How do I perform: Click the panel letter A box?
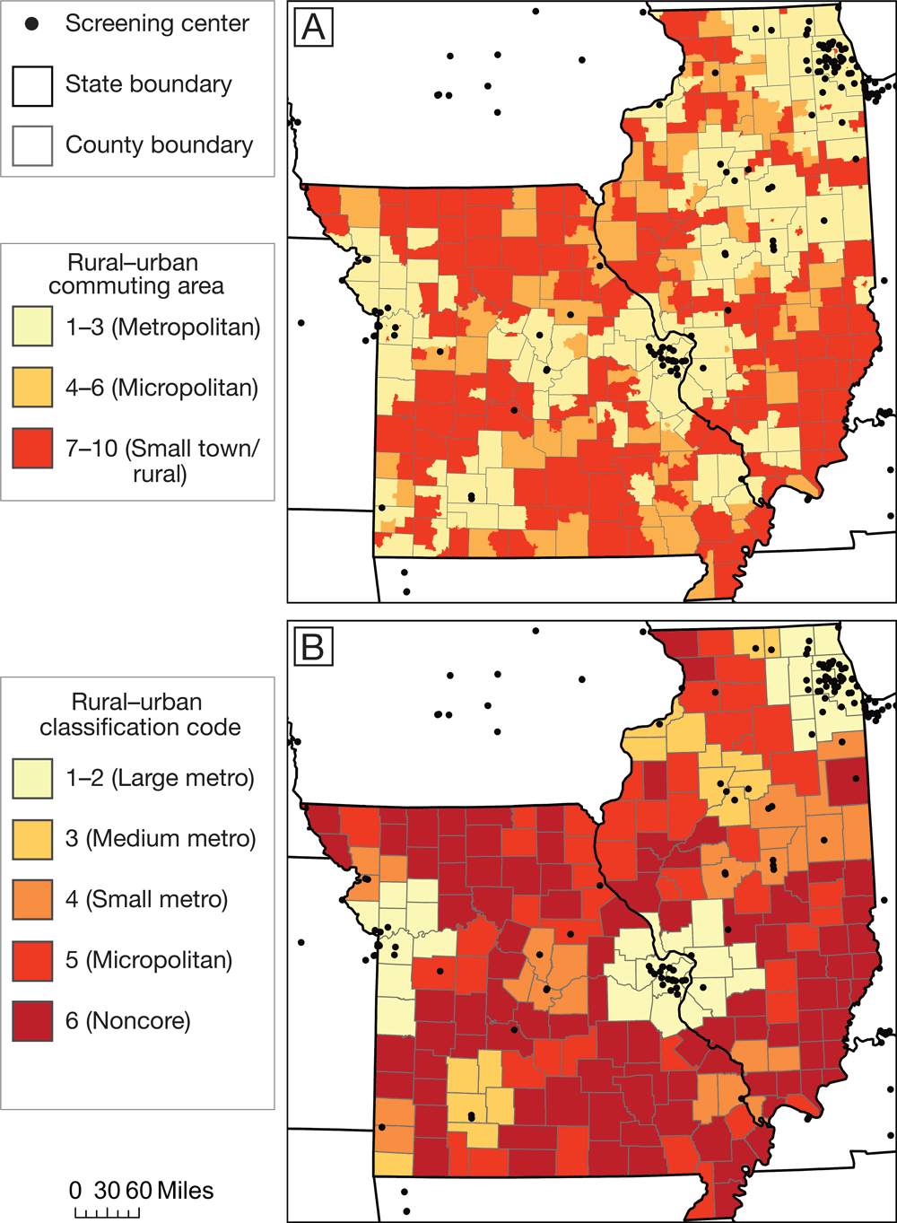(x=313, y=27)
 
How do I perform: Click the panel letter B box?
(x=313, y=645)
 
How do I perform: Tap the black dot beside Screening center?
(x=32, y=24)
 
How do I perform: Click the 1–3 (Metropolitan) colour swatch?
(x=32, y=327)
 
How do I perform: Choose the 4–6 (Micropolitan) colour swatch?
(x=32, y=388)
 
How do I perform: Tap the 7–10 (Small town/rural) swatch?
(x=32, y=449)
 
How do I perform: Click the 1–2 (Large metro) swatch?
(x=32, y=777)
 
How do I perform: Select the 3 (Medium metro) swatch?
(x=32, y=838)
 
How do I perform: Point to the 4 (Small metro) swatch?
(x=32, y=899)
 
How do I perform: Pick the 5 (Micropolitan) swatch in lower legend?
(x=32, y=960)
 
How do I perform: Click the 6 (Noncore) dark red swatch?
(x=32, y=1020)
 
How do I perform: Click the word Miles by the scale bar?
(x=186, y=1191)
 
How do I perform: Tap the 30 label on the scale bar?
(x=107, y=1191)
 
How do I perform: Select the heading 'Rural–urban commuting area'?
(x=136, y=275)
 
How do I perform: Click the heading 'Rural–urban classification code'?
(x=140, y=714)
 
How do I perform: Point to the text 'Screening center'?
(x=157, y=24)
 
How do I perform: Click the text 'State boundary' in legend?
(x=148, y=84)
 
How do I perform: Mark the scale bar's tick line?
(x=107, y=1213)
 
